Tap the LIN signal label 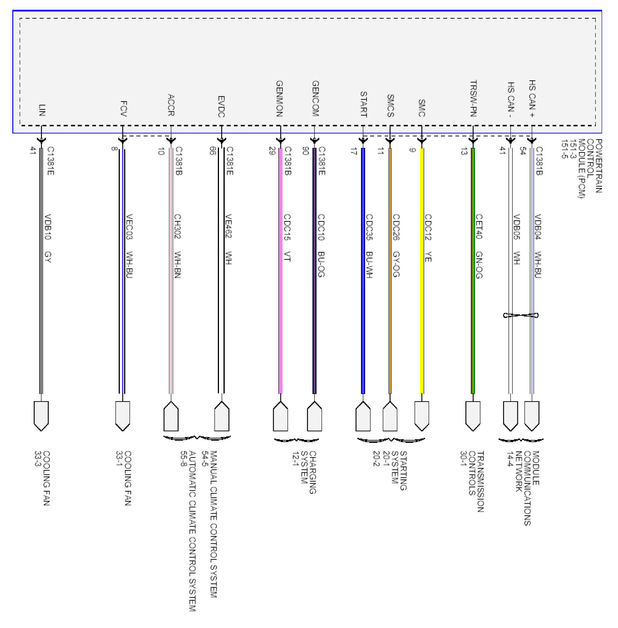42,110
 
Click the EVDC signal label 221,106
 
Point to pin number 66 212,151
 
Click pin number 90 305,151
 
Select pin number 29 272,151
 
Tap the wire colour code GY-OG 396,264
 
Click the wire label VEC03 129,226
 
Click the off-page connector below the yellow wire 422,416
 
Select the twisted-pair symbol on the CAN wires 521,315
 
